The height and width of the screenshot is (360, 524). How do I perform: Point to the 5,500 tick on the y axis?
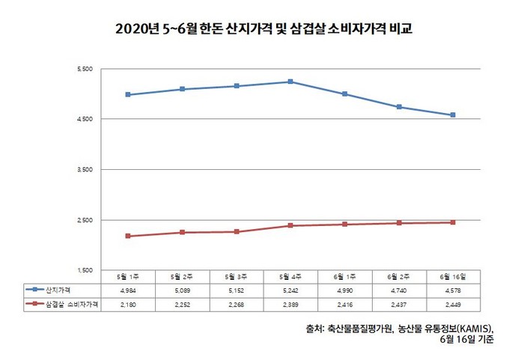tap(84, 70)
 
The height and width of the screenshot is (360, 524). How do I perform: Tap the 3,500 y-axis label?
tap(84, 170)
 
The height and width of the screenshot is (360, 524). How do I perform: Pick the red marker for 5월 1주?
tap(128, 236)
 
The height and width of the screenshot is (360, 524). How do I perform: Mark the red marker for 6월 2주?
tap(400, 223)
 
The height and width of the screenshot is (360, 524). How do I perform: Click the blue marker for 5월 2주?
tap(183, 89)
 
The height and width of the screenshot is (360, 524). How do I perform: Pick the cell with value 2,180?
tap(128, 304)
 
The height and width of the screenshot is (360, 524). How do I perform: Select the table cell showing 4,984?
tap(128, 290)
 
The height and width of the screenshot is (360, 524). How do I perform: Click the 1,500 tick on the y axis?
tap(84, 270)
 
